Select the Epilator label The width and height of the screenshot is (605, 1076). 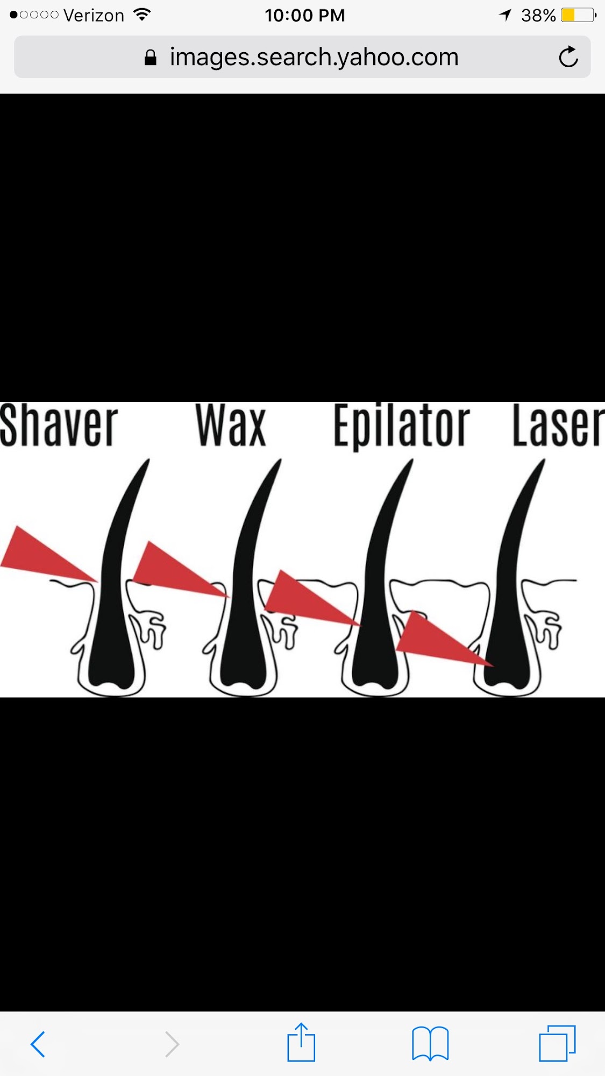tap(402, 427)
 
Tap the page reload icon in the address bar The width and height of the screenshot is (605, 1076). tap(568, 56)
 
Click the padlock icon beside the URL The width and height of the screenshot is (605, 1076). tap(151, 58)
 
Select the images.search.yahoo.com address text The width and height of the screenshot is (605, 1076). tap(314, 57)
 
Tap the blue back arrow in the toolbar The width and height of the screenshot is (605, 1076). tap(38, 1044)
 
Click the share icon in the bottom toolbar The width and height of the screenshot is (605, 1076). tap(301, 1042)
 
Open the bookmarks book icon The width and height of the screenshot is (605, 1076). tap(430, 1044)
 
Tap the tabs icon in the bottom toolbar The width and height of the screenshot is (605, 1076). tap(558, 1044)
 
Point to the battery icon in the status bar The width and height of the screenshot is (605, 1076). tap(579, 15)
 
